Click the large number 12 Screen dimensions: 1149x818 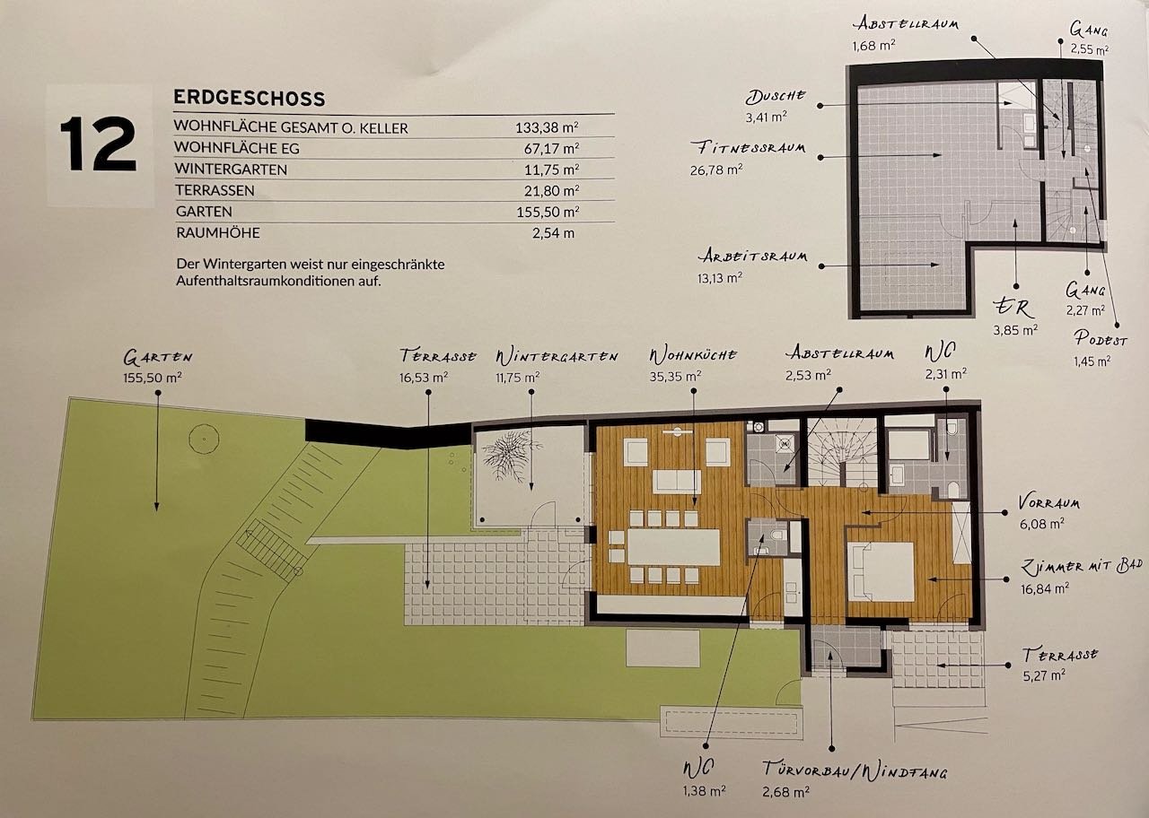(98, 144)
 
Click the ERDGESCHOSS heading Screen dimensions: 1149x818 (250, 98)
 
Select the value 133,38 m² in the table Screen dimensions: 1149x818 (547, 127)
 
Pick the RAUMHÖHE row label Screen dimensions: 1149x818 (218, 232)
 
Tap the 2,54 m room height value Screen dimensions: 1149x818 (553, 233)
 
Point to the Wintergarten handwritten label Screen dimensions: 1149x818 (557, 357)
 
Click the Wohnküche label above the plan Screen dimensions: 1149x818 (693, 355)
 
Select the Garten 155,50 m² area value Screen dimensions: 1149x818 (153, 378)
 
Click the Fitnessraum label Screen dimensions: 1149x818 (748, 148)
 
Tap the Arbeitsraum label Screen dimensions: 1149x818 (752, 256)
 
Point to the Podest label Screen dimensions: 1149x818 (1101, 338)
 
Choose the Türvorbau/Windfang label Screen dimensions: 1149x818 (855, 770)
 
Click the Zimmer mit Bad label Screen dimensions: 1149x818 (1081, 567)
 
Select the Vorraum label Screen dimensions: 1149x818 (1049, 502)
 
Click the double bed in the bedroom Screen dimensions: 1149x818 (881, 571)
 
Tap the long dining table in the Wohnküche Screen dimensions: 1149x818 (673, 547)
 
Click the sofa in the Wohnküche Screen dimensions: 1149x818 (677, 482)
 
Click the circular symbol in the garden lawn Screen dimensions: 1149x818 (204, 439)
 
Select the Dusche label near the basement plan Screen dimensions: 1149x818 (776, 96)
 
